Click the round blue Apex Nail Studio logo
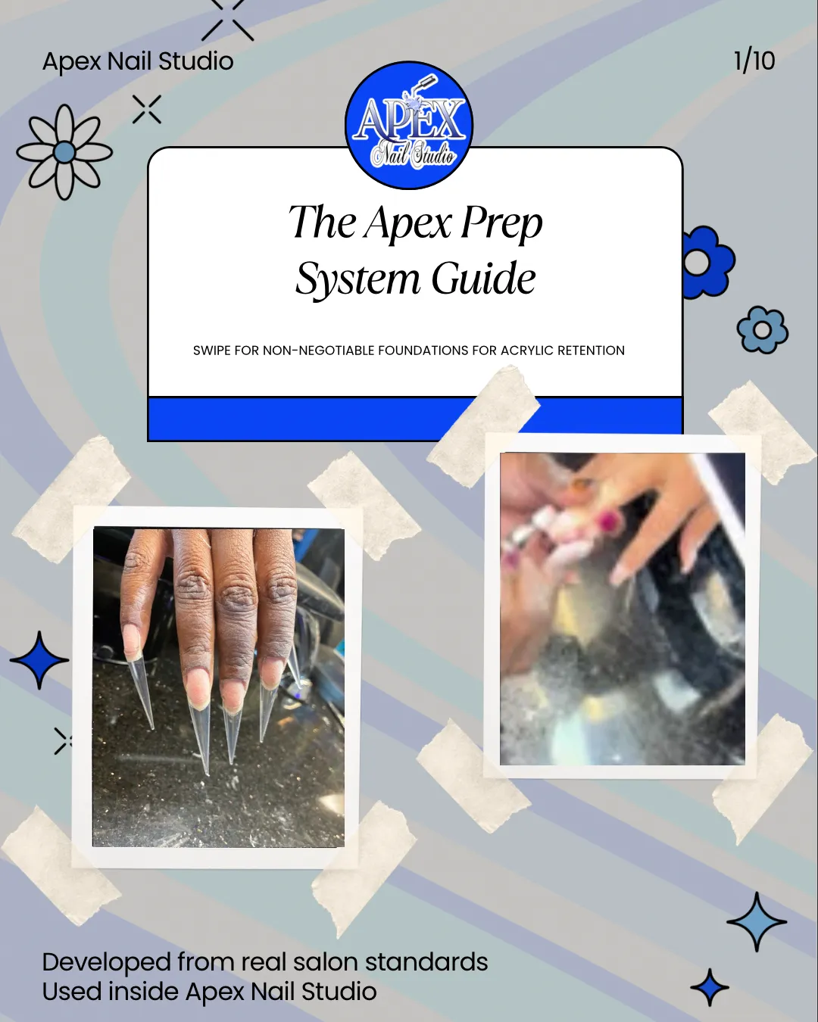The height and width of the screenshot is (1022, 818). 409,126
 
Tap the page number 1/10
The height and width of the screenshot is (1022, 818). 754,61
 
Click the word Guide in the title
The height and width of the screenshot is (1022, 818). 483,279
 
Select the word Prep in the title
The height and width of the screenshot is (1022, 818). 501,223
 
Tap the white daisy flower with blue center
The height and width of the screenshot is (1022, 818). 64,152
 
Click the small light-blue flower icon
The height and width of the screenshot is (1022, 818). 763,329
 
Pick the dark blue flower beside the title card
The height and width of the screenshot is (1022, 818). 707,262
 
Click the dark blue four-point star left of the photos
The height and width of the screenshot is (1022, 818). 39,660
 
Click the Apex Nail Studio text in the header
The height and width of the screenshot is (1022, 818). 138,61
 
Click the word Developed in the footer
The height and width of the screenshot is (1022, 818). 107,963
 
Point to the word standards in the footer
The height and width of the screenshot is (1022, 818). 426,962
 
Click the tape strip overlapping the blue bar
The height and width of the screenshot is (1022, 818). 483,426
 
